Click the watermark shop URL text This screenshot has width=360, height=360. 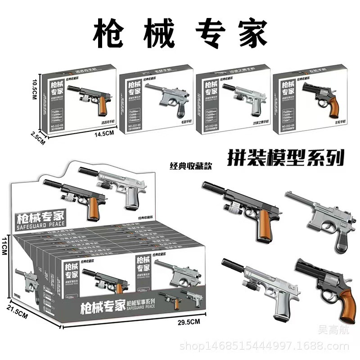(x=264, y=346)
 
